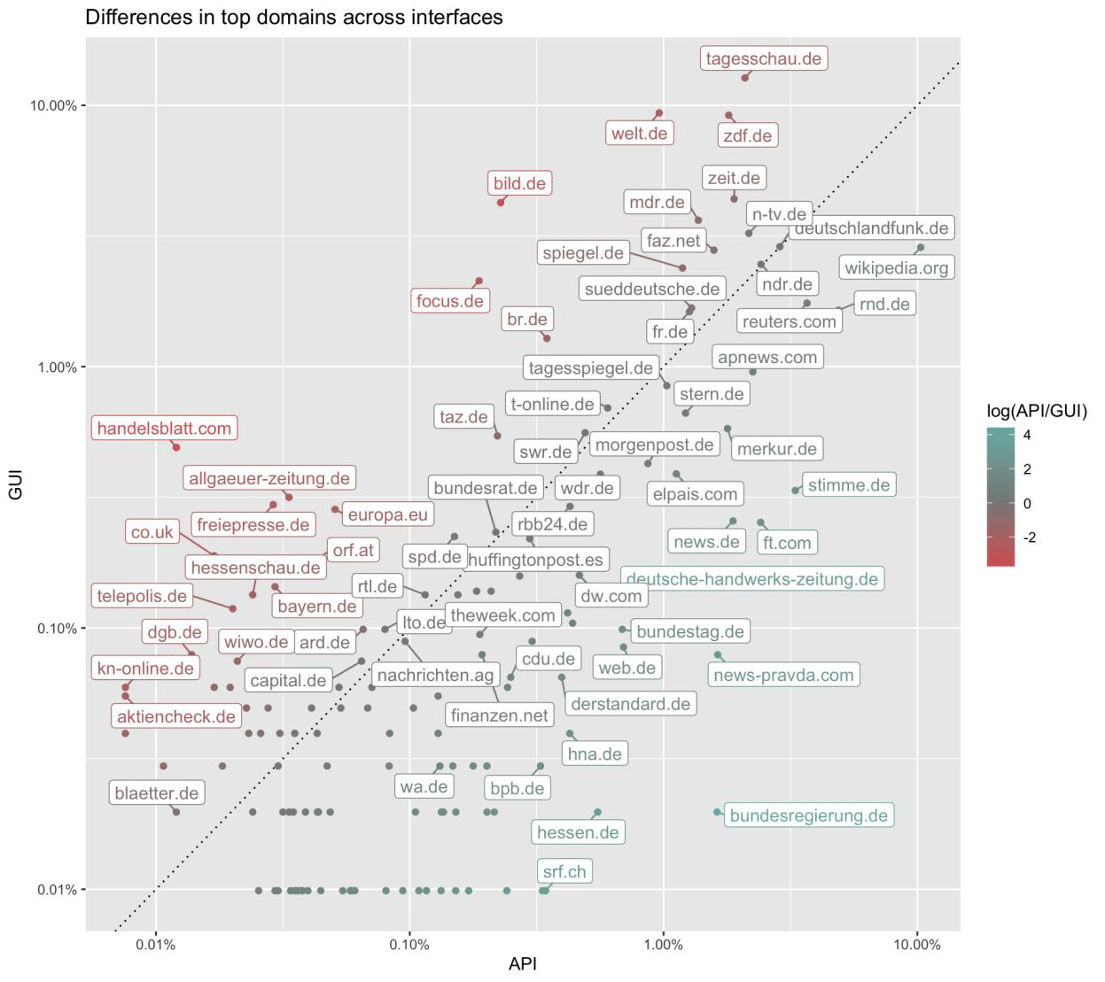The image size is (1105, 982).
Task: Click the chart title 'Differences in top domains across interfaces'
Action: pos(293,17)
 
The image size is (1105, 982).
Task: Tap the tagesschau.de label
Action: pos(763,58)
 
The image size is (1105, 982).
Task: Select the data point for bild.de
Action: pos(501,203)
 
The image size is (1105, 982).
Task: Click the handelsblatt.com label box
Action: pos(164,429)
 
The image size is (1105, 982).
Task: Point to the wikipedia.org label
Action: pos(896,267)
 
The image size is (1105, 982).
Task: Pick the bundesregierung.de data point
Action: pos(718,812)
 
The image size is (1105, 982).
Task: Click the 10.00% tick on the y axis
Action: pos(53,105)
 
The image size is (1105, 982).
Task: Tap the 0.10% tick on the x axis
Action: pos(409,945)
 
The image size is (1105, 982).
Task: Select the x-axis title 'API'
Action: pos(523,964)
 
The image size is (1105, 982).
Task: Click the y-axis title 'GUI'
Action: pos(15,484)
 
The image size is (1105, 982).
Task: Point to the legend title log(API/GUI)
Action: pos(1036,411)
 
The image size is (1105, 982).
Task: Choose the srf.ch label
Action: pos(564,871)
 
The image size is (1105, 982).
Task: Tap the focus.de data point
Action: pos(479,282)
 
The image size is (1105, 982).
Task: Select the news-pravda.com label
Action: pos(783,675)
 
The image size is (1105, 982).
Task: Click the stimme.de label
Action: pos(848,485)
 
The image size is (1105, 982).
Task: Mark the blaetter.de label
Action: pos(157,793)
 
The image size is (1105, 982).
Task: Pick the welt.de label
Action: pos(639,134)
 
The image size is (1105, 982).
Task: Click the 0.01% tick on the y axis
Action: pos(55,890)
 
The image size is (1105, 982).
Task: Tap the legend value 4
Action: pos(1026,436)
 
